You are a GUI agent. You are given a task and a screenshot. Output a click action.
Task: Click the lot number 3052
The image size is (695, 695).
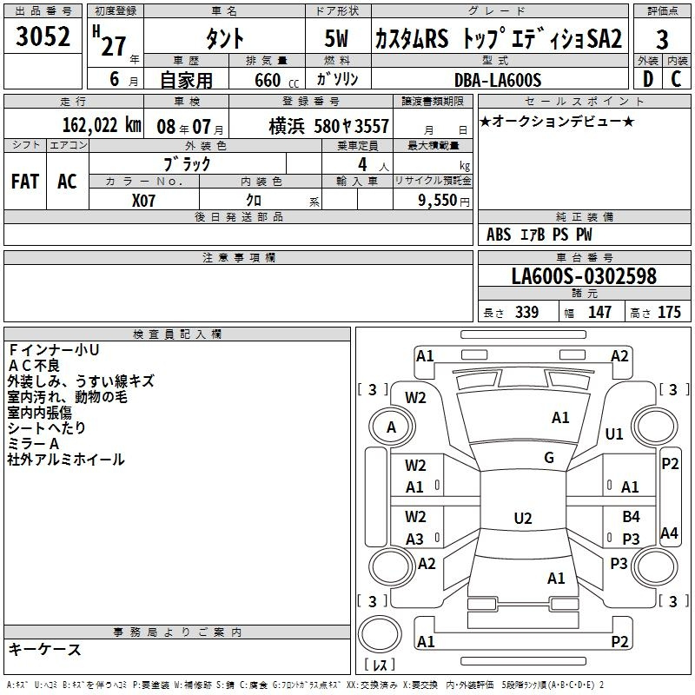[x=43, y=36]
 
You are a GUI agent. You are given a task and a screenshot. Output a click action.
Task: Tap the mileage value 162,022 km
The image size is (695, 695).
[x=102, y=125]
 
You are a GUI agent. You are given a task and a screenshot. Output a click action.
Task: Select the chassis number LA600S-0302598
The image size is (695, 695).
[x=584, y=276]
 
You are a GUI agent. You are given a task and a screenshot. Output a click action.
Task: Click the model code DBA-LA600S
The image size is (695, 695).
[x=497, y=80]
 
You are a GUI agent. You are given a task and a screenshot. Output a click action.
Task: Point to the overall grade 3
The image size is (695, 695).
[x=662, y=40]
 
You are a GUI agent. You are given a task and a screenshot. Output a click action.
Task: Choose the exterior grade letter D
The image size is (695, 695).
[x=648, y=79]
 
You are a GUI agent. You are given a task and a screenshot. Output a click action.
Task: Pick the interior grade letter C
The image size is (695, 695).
[x=676, y=79]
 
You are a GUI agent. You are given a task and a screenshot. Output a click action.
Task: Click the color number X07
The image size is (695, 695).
[x=143, y=201]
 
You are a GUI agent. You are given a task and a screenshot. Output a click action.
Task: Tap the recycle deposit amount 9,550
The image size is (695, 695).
[x=438, y=200]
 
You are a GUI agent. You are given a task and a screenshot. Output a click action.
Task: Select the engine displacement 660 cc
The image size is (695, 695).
[x=276, y=80]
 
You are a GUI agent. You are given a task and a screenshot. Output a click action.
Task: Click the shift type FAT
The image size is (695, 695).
[x=25, y=182]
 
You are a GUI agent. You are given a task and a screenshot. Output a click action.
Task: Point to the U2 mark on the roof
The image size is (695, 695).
[x=523, y=518]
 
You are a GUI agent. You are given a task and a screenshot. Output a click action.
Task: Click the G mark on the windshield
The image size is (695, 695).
[x=549, y=458]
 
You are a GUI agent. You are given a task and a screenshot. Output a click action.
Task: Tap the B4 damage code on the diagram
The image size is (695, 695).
[x=631, y=516]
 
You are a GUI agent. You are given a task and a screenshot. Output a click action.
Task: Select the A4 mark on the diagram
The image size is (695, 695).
[x=669, y=533]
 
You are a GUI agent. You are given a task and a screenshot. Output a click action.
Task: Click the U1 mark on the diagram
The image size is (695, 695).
[x=614, y=434]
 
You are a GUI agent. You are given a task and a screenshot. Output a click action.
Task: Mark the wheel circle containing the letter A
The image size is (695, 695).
[x=392, y=427]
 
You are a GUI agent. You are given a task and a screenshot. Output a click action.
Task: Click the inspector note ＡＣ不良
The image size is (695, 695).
[x=34, y=366]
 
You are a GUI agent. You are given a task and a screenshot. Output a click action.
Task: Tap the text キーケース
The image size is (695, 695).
[x=45, y=650]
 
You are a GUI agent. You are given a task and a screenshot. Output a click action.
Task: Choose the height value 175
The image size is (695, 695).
[x=669, y=312]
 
